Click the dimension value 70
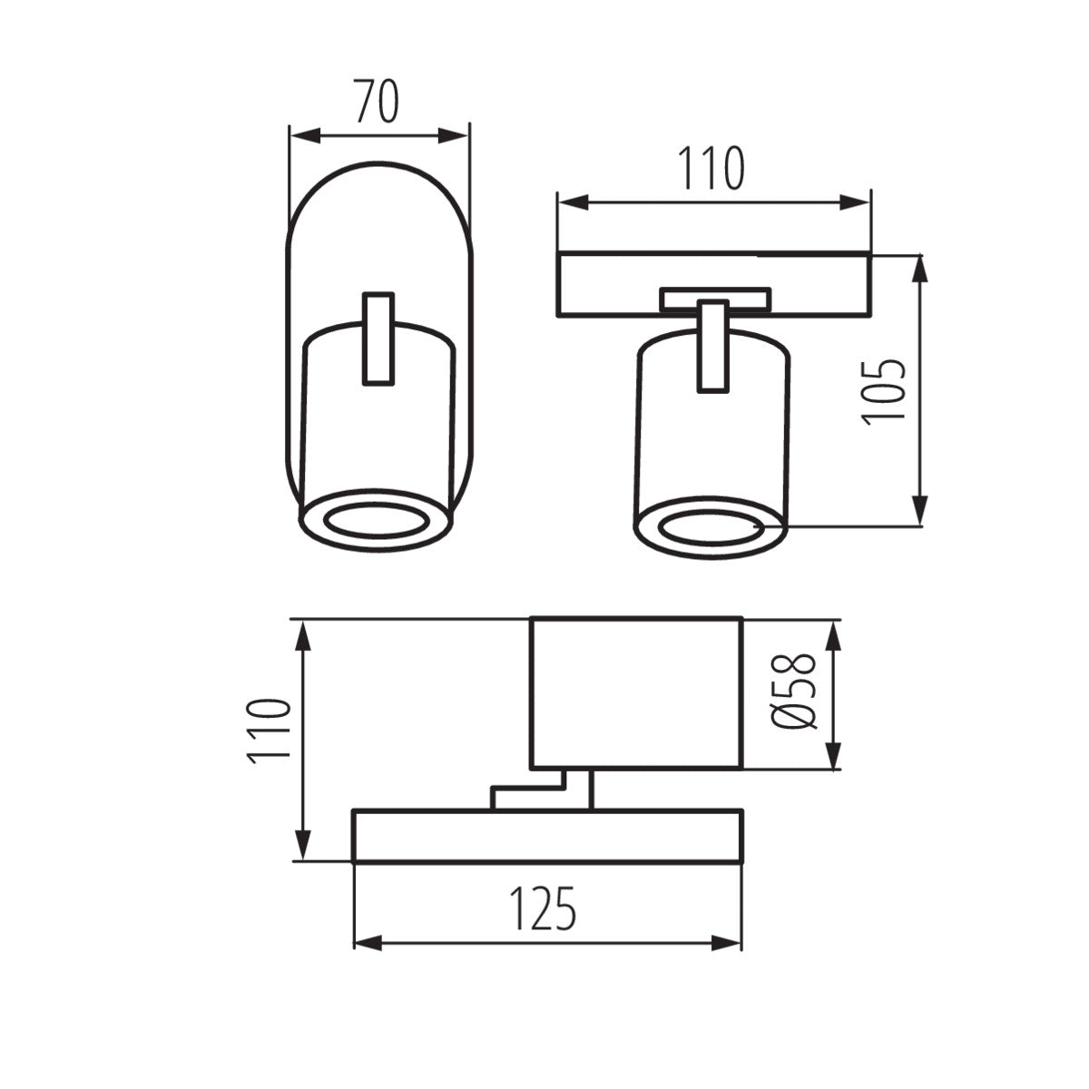click(x=376, y=102)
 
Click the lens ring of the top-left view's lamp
click(x=376, y=521)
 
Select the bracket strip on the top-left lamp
click(x=378, y=338)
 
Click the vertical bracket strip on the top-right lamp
click(x=712, y=347)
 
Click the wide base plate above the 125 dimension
click(x=547, y=835)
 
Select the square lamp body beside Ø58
click(x=636, y=692)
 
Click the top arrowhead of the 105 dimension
click(x=921, y=270)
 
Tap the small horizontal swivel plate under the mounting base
click(x=715, y=299)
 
